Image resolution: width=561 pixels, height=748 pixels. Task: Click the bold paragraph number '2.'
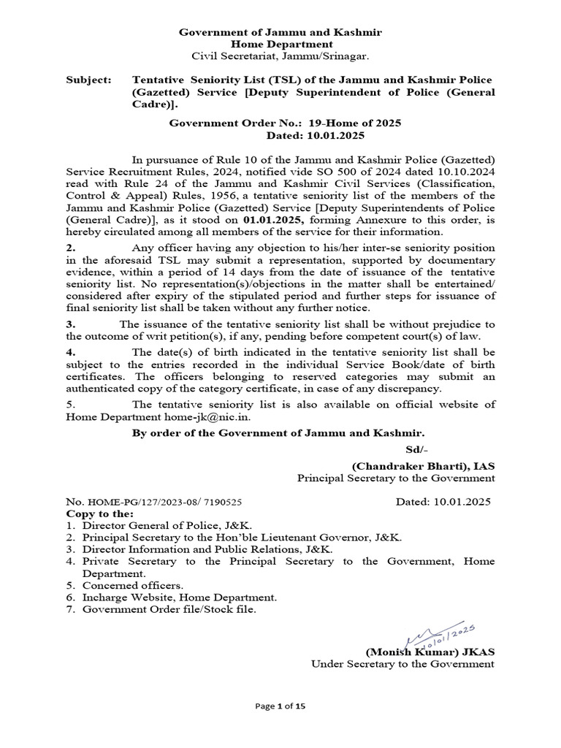[x=71, y=247]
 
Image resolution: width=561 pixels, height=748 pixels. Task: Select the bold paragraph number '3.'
[x=71, y=324]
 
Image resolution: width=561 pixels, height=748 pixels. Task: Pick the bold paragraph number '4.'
[x=71, y=353]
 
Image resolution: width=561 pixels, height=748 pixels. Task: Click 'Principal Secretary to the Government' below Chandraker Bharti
[x=395, y=478]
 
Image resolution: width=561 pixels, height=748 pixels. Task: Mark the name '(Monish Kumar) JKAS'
[x=429, y=652]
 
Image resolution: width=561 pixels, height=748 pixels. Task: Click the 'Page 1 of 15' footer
[x=280, y=706]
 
